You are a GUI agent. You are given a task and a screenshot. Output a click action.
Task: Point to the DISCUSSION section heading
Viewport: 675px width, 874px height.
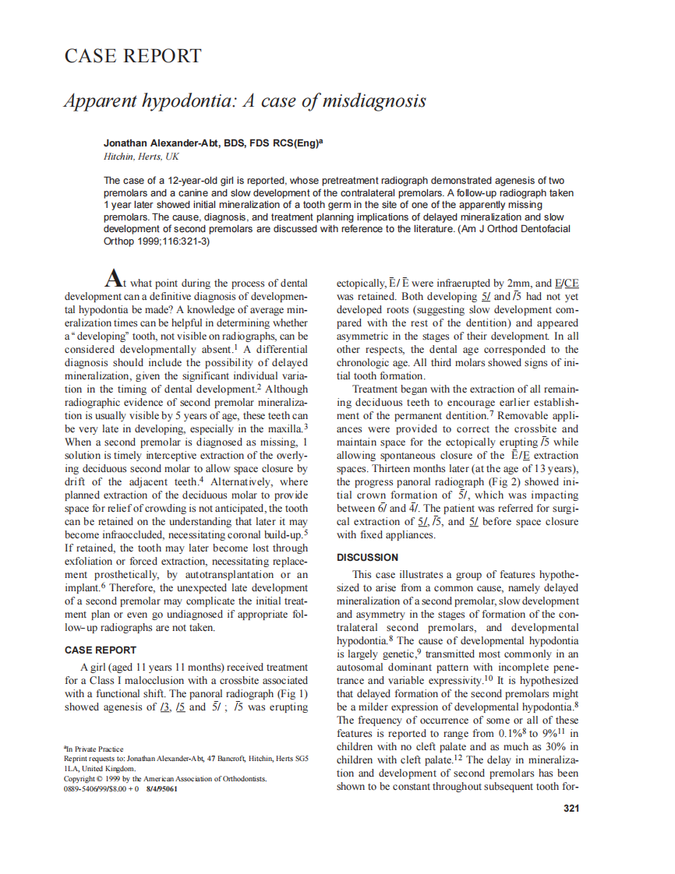pyautogui.click(x=367, y=558)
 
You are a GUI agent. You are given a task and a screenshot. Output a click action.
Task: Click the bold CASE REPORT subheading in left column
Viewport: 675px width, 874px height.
pyautogui.click(x=100, y=650)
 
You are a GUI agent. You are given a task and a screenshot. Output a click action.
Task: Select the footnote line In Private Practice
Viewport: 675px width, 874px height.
pyautogui.click(x=94, y=749)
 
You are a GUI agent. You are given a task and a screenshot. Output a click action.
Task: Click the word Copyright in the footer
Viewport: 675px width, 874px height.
pyautogui.click(x=83, y=778)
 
